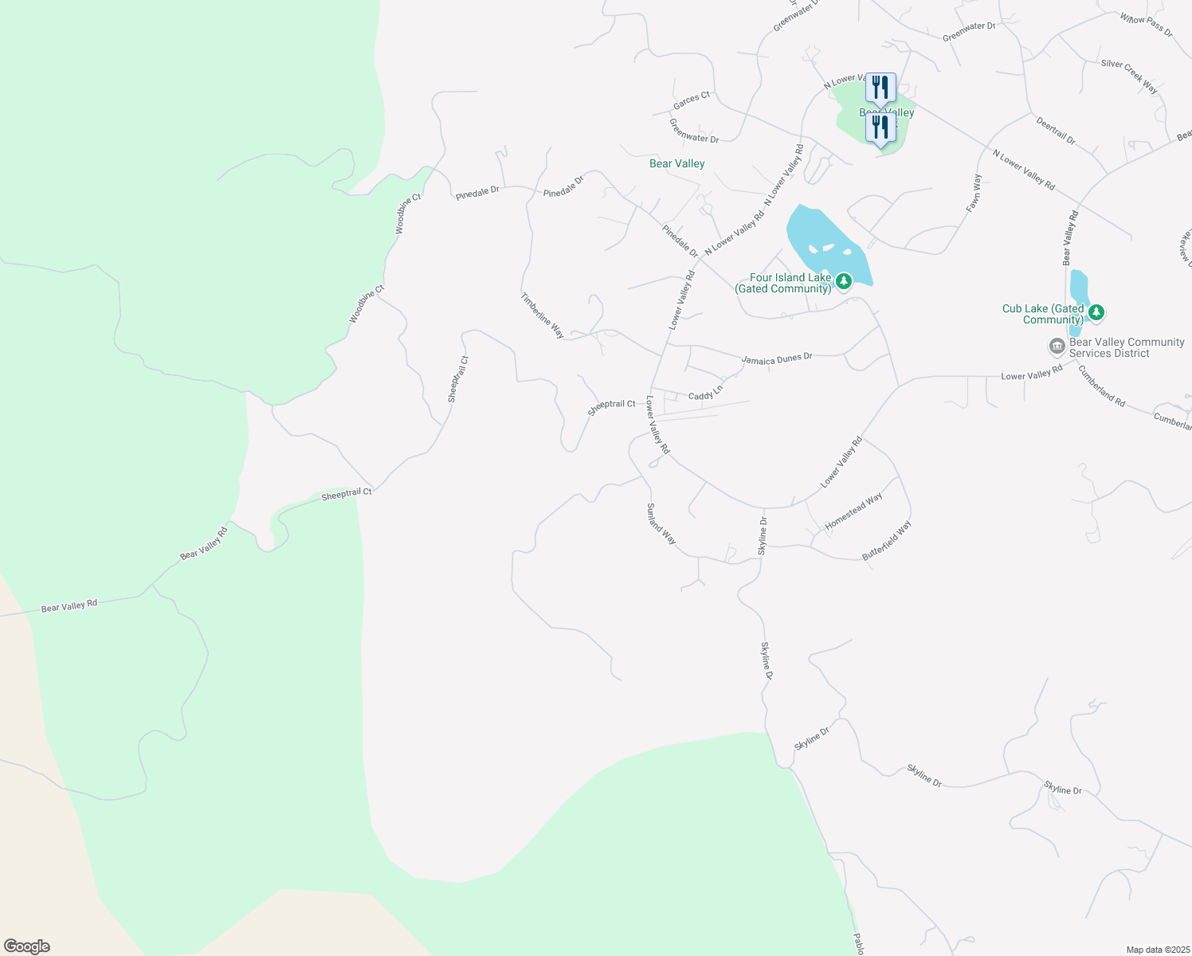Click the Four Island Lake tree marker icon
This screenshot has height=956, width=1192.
pyautogui.click(x=843, y=280)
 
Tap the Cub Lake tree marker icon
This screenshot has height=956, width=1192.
pyautogui.click(x=1096, y=312)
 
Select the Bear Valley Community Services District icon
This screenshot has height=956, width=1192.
pyautogui.click(x=1057, y=347)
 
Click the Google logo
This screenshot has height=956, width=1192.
pyautogui.click(x=27, y=946)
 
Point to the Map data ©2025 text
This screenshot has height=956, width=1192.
pyautogui.click(x=1156, y=950)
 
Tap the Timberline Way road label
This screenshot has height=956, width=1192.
pyautogui.click(x=543, y=315)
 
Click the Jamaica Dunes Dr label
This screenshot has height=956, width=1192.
pyautogui.click(x=777, y=359)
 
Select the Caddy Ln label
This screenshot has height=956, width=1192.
pyautogui.click(x=705, y=393)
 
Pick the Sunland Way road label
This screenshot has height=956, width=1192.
pyautogui.click(x=661, y=523)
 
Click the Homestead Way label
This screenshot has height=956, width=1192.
pyautogui.click(x=853, y=511)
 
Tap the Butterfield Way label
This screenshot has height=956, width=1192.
pyautogui.click(x=887, y=541)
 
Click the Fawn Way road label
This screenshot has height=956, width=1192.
pyautogui.click(x=974, y=193)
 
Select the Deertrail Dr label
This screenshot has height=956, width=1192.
pyautogui.click(x=1056, y=131)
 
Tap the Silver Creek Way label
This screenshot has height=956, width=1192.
pyautogui.click(x=1129, y=76)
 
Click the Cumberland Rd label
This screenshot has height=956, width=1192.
pyautogui.click(x=1102, y=386)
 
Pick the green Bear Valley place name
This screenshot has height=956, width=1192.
pyautogui.click(x=677, y=163)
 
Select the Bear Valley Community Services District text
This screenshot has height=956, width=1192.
pyautogui.click(x=1127, y=347)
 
